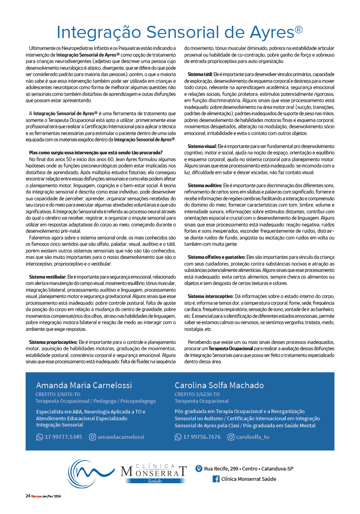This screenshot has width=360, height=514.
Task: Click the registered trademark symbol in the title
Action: [299, 30]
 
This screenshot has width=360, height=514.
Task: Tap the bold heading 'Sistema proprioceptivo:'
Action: [53, 341]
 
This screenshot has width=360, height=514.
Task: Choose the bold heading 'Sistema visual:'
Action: [202, 146]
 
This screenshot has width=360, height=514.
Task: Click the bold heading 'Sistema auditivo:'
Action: [205, 185]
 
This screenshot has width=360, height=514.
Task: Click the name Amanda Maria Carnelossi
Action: [84, 385]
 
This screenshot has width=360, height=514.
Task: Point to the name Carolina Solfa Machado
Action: [219, 385]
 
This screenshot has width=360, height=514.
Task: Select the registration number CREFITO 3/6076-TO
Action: [58, 394]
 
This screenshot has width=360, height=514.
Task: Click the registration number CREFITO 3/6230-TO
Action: [197, 394]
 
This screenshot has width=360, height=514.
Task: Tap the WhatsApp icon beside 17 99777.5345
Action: [40, 437]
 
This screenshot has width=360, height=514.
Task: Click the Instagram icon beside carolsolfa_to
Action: [231, 437]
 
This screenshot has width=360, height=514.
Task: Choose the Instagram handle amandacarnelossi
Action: [121, 437]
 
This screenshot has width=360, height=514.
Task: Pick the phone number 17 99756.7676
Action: [202, 437]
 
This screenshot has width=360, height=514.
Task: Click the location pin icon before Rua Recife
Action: [199, 468]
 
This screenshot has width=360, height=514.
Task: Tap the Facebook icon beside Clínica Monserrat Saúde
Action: [216, 479]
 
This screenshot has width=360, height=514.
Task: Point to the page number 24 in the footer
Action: [28, 496]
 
